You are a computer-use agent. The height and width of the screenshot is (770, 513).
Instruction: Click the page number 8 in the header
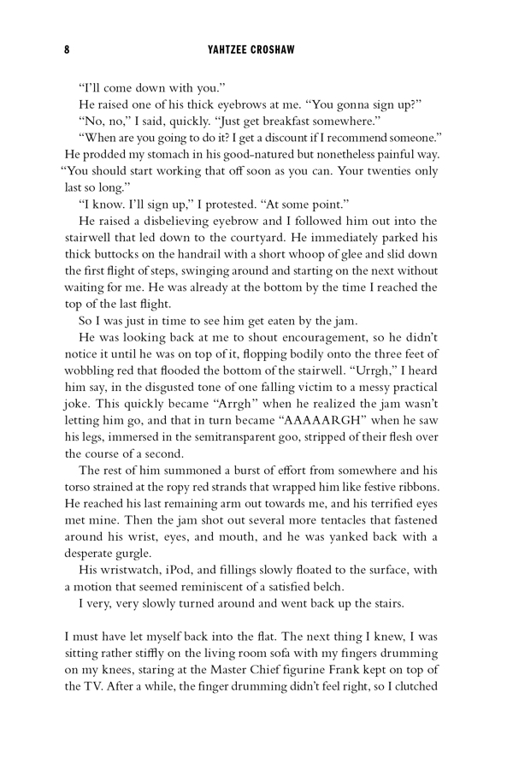pos(67,50)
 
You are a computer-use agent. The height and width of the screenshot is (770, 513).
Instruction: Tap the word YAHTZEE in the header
pos(228,50)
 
